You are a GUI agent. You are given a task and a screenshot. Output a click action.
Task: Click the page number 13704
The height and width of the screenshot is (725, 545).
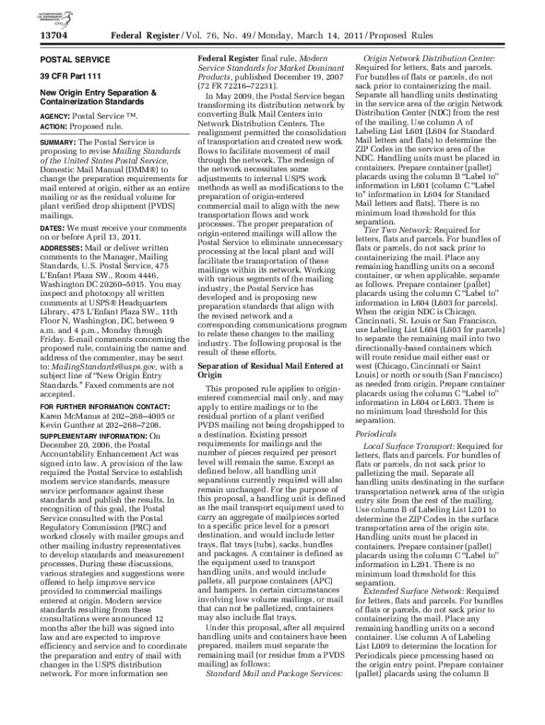pyautogui.click(x=52, y=33)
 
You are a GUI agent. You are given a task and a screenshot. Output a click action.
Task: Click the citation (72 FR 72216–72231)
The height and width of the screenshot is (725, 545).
pyautogui.click(x=236, y=84)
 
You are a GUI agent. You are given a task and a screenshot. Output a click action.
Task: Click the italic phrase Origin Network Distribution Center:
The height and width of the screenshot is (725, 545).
pyautogui.click(x=438, y=58)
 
